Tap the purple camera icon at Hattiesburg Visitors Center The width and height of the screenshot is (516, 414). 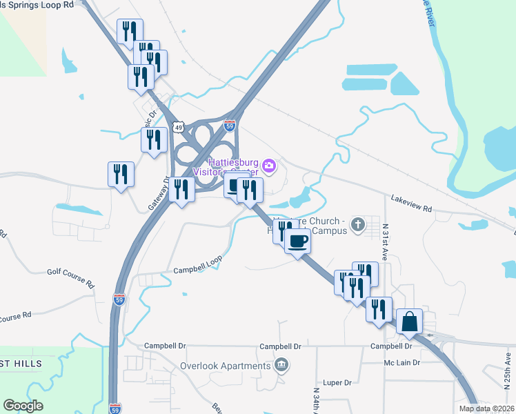(x=269, y=166)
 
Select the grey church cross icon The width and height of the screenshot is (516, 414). (x=357, y=224)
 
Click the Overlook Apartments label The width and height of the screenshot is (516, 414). (x=226, y=366)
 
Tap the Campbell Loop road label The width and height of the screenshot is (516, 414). (x=197, y=266)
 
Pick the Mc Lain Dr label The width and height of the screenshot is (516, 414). (x=402, y=362)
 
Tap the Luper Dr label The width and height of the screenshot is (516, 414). (x=337, y=382)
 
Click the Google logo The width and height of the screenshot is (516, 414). (x=23, y=406)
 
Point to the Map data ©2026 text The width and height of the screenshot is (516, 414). (x=486, y=408)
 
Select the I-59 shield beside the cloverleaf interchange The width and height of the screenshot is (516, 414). (x=230, y=126)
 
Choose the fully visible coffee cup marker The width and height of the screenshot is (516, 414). (x=297, y=241)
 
